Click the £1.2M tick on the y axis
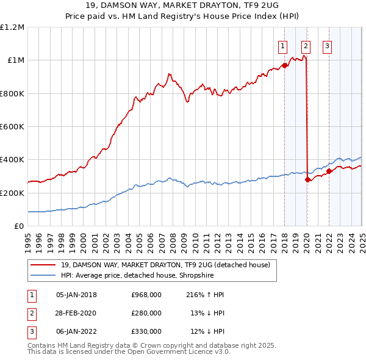click(12, 27)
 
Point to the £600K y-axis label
click(12, 127)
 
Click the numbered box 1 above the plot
click(284, 45)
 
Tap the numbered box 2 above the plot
click(305, 45)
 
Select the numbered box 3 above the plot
click(327, 45)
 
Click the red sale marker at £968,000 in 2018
click(284, 66)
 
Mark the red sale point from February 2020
click(307, 180)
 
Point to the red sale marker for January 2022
click(329, 171)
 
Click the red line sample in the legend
click(43, 265)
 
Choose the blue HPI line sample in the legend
click(43, 275)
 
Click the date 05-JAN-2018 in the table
click(76, 295)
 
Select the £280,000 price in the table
click(146, 313)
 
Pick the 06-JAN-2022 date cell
click(76, 331)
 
